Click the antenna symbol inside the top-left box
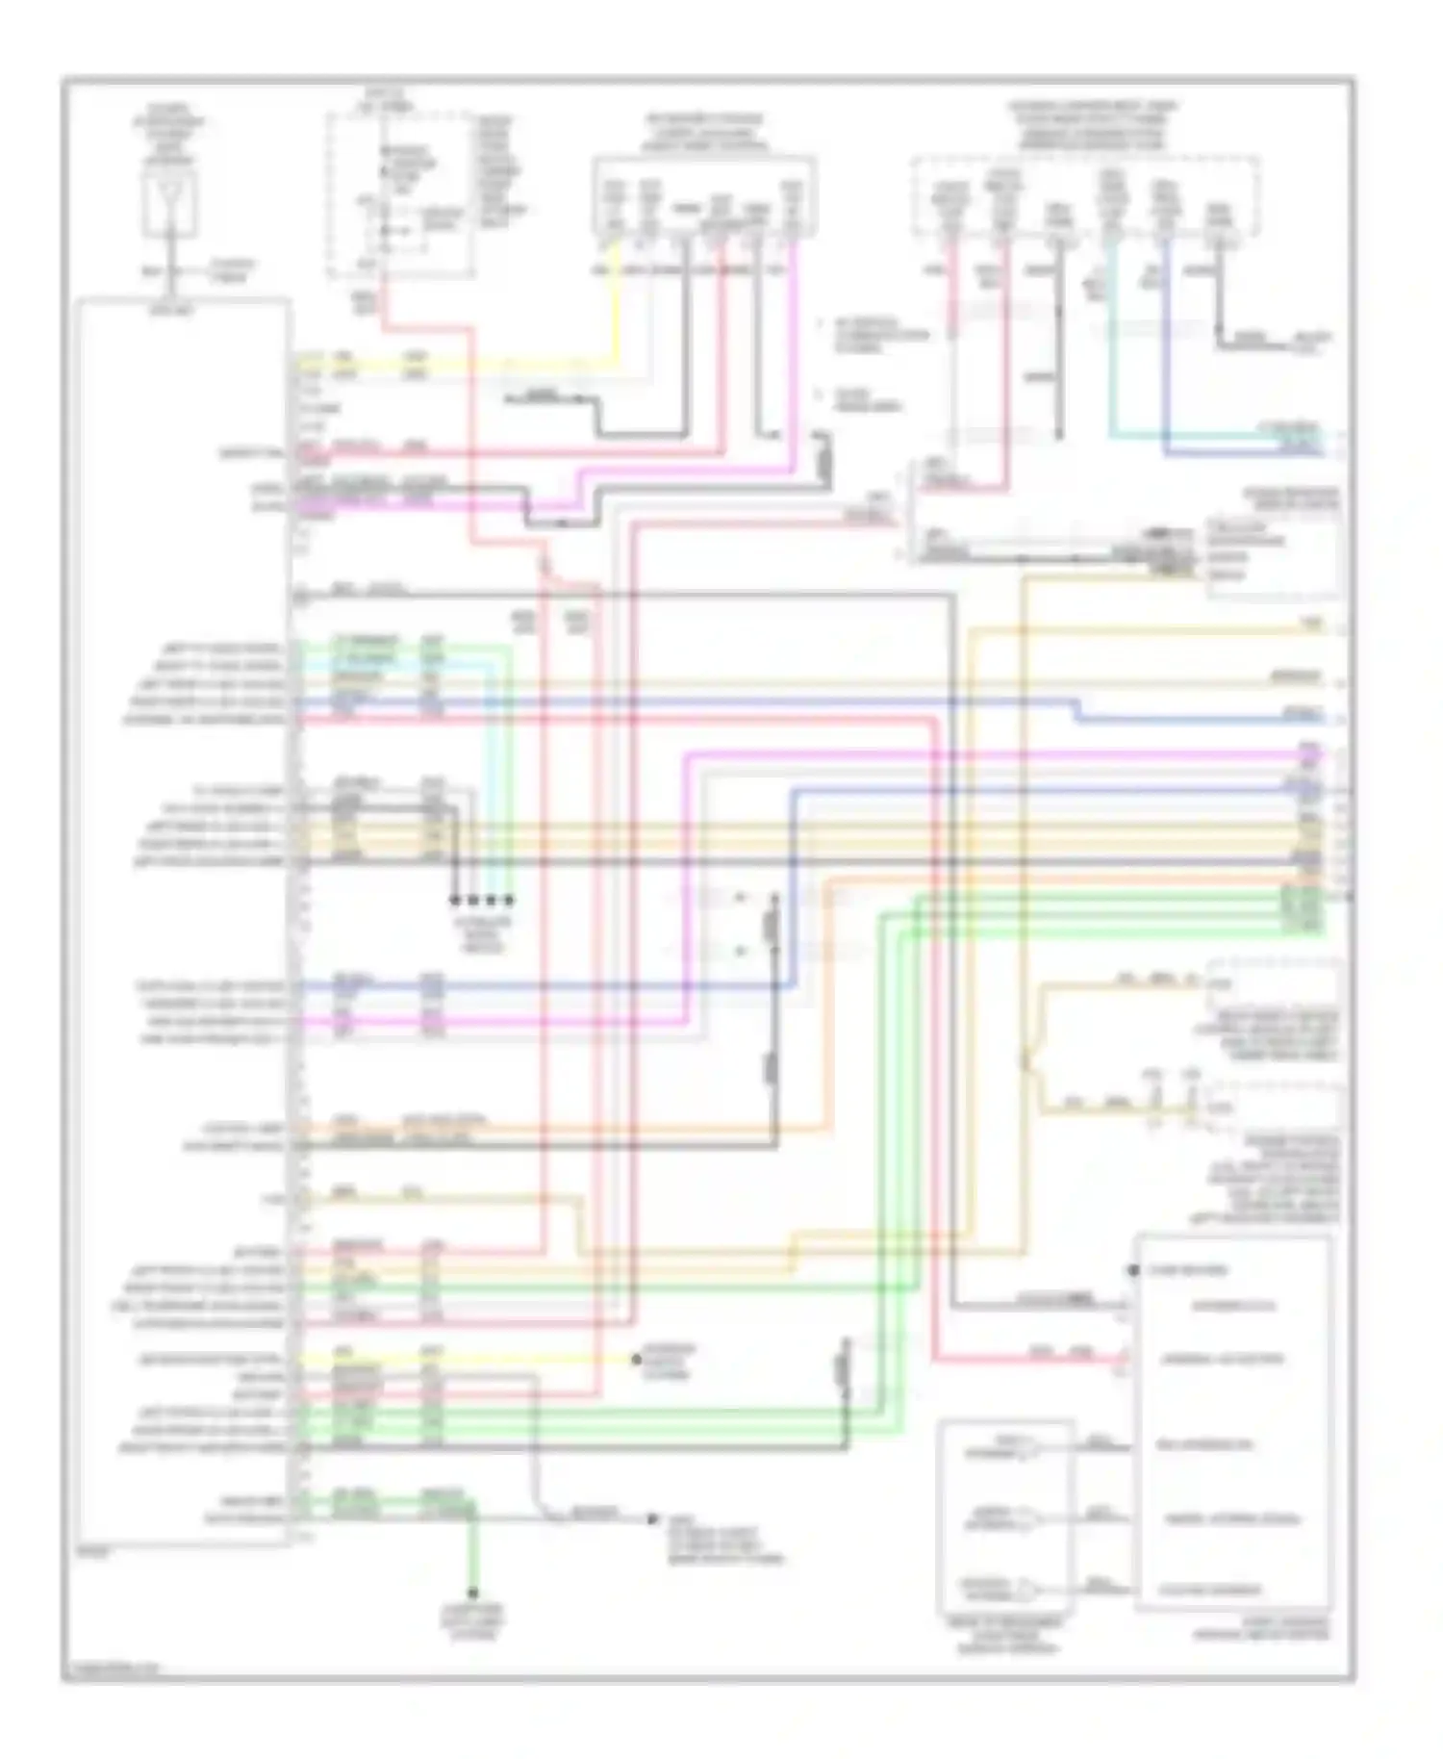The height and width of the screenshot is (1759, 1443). [170, 205]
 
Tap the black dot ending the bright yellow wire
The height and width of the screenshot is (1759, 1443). [636, 1360]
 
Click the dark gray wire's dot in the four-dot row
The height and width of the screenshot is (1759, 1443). [454, 901]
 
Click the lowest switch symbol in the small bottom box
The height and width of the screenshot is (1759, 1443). [1029, 1587]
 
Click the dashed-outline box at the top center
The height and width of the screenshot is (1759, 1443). [402, 195]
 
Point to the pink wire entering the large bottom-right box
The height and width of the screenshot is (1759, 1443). [1058, 1360]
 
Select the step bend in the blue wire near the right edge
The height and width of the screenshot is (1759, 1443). [1078, 710]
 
